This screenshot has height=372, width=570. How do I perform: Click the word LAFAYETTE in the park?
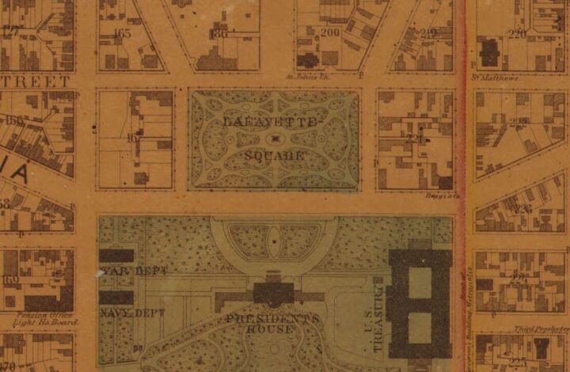(x=270, y=122)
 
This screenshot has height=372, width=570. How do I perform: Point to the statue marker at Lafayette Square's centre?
(x=274, y=139)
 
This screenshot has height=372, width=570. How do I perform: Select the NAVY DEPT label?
(x=132, y=313)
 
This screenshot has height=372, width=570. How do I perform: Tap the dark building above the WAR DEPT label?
(x=116, y=256)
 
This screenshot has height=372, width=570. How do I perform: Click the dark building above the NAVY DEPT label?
(x=116, y=298)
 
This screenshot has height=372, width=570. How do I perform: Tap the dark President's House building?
(x=274, y=291)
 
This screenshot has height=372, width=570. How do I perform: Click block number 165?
(x=123, y=33)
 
